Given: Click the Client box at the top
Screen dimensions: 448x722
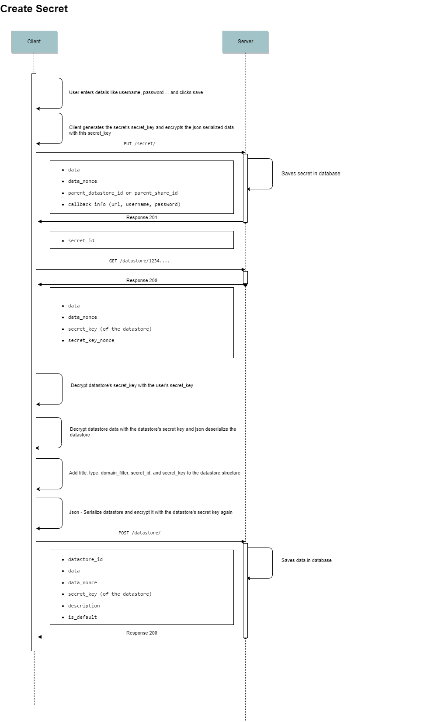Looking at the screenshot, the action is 34,42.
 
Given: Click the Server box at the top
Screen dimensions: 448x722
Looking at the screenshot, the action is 245,42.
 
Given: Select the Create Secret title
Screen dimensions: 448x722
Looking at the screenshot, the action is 34,9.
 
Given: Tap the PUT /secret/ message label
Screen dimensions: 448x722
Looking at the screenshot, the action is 139,144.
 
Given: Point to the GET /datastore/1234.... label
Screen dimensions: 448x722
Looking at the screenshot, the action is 139,261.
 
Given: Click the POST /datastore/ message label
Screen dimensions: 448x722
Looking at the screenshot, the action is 139,533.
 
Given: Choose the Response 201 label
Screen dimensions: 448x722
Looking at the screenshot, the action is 142,218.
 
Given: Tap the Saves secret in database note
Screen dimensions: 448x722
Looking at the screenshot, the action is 311,174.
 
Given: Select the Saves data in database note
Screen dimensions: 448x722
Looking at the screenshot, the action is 306,561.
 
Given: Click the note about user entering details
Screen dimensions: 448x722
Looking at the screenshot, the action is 136,93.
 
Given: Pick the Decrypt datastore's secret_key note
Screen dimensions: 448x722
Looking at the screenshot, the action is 132,386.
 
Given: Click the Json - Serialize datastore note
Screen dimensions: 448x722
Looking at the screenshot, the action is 151,512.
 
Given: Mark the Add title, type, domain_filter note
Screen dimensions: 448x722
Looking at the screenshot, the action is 155,473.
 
